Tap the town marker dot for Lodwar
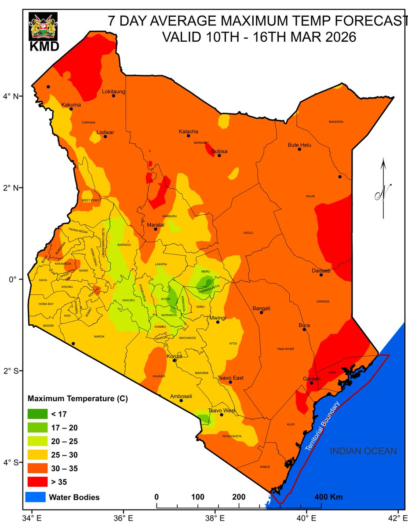point(105,136)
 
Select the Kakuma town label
point(71,105)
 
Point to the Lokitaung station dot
point(113,96)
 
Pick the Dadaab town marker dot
point(321,275)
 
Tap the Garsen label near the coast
point(311,379)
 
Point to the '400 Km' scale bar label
point(328,497)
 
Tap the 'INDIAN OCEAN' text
point(363,451)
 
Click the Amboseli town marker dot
point(181,400)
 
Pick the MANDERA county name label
point(336,122)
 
